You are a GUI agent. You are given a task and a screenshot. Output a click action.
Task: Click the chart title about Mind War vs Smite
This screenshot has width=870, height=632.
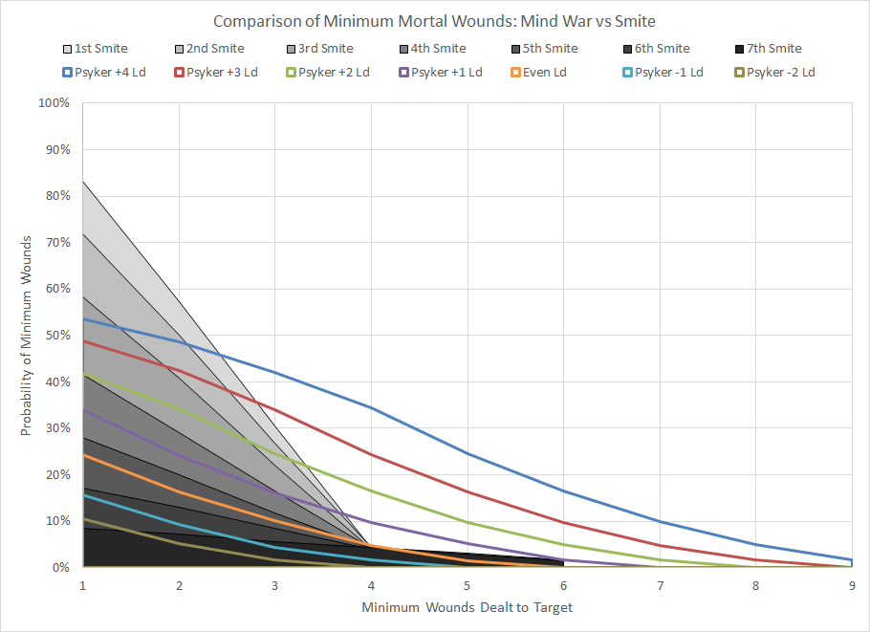coord(434,21)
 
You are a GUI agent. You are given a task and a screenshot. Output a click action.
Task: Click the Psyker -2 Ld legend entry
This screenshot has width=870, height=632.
coord(780,73)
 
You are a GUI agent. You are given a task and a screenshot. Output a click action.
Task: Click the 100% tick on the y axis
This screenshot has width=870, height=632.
coord(54,102)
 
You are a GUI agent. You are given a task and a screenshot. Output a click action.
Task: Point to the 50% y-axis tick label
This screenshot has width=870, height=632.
coord(57,335)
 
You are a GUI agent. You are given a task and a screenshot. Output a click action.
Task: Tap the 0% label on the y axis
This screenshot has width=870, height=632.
coord(61,567)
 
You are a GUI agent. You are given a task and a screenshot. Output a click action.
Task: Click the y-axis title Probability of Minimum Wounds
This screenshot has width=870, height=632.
coord(28,335)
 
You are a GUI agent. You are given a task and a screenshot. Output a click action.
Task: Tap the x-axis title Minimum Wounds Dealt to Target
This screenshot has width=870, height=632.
coord(467,607)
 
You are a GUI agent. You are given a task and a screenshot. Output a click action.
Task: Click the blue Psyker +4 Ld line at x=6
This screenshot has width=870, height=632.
coord(563,491)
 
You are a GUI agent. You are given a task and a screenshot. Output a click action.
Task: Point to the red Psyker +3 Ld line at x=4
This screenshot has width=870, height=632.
coord(371,454)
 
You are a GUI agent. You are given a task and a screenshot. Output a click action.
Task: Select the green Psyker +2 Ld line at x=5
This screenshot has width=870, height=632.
coord(467,522)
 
